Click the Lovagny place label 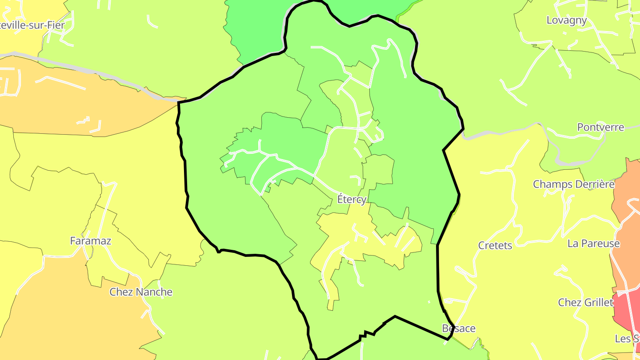click(567, 20)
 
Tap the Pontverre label click(600, 128)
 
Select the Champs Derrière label click(573, 184)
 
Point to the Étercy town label click(352, 200)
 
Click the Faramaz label click(91, 241)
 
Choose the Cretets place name click(495, 246)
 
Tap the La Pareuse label click(593, 244)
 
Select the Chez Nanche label click(141, 292)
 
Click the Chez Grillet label click(586, 303)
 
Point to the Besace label click(459, 329)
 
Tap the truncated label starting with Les click(627, 339)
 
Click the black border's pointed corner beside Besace click(448, 340)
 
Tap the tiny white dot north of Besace click(429, 302)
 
